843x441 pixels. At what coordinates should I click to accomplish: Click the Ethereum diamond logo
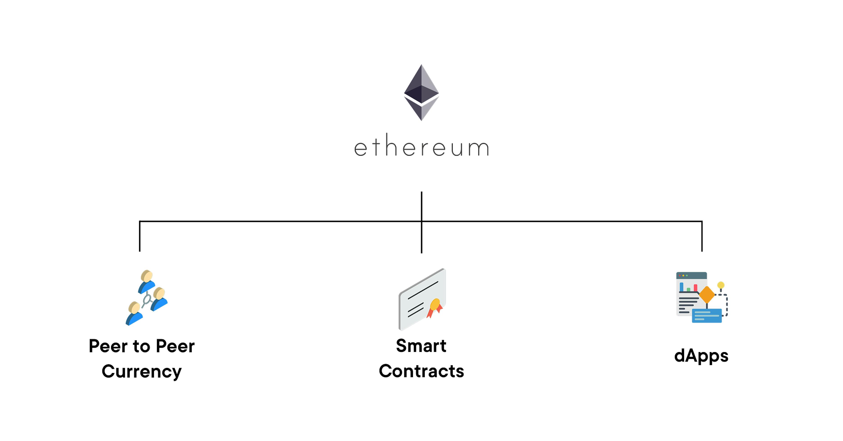421,93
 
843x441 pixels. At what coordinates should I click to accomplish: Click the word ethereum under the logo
421,145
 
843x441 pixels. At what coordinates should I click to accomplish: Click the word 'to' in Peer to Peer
141,346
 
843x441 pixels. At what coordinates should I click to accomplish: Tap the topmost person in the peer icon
146,281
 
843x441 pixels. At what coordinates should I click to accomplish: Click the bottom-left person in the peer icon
134,313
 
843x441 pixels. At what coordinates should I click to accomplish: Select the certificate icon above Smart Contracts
422,299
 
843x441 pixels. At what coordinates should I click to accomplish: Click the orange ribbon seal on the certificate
435,308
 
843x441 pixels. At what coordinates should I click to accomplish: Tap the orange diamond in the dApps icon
707,295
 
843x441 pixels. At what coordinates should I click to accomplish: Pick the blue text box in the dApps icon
707,316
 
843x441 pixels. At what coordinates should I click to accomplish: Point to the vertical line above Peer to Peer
140,236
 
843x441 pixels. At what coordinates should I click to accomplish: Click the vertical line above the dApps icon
702,236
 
